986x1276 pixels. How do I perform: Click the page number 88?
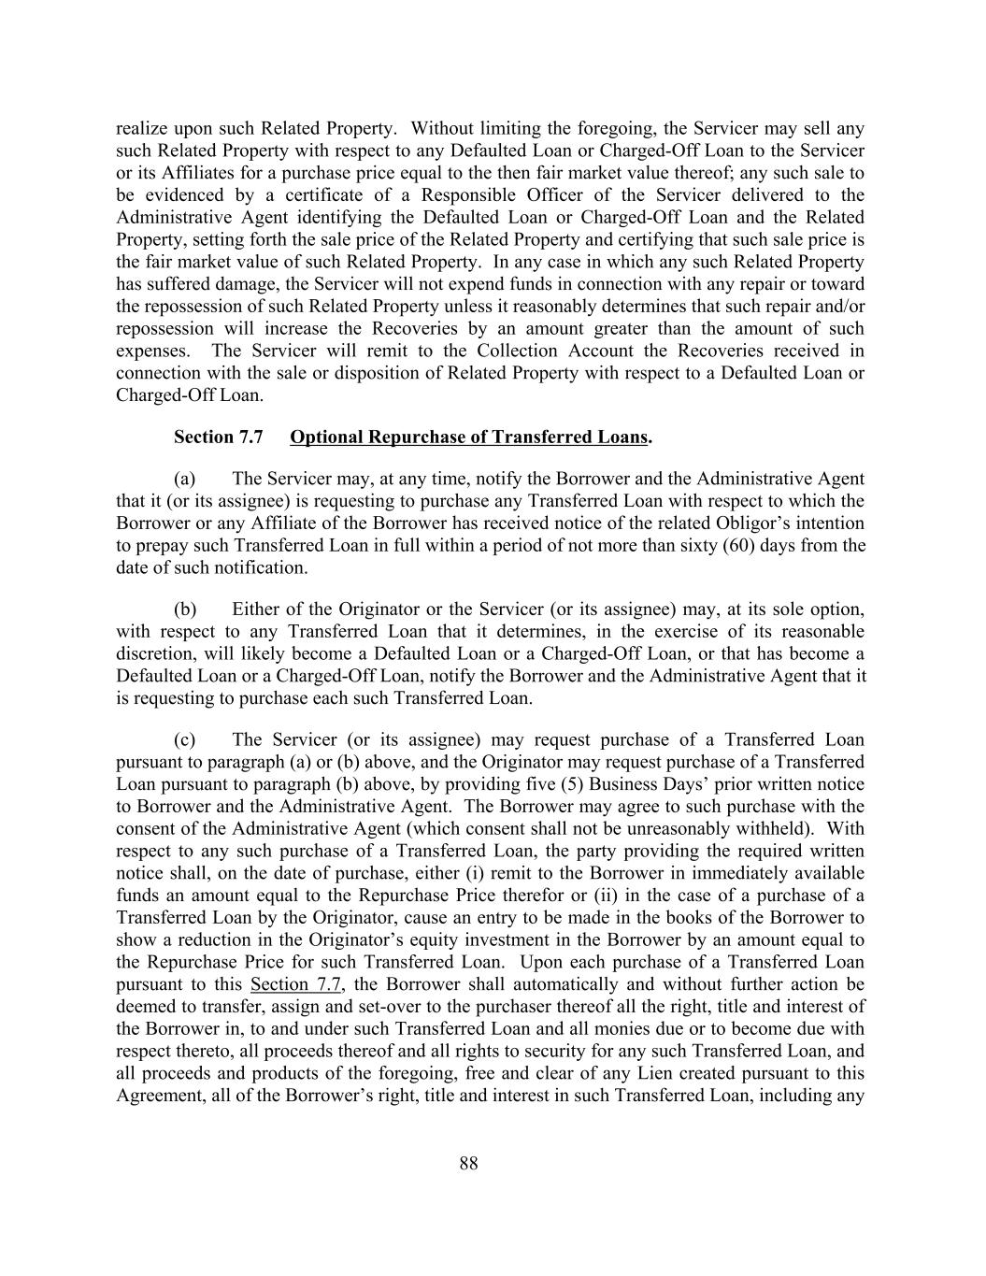[469, 1163]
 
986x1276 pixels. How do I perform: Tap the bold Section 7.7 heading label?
[219, 437]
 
